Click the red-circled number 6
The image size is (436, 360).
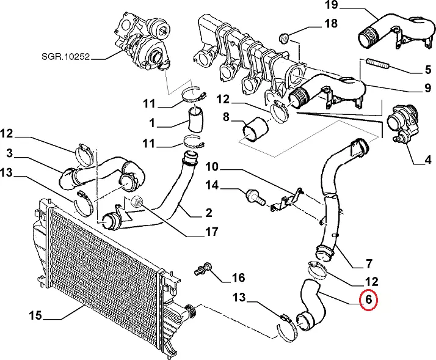pos(368,300)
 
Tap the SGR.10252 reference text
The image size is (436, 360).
pos(66,57)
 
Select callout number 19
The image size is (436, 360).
pos(331,5)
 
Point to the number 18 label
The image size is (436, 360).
pos(330,24)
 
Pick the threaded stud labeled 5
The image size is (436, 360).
pos(377,64)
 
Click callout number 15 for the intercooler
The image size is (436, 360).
pos(35,316)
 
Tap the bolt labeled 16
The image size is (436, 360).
pos(203,268)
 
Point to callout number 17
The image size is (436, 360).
pos(212,232)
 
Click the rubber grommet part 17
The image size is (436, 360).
pos(136,202)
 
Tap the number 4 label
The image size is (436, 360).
pos(428,160)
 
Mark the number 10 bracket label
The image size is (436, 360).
pos(213,167)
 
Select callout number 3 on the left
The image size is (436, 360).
pos(10,153)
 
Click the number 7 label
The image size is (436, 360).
pos(368,263)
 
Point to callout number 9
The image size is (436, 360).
pos(427,88)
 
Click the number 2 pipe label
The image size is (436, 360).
pos(209,213)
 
